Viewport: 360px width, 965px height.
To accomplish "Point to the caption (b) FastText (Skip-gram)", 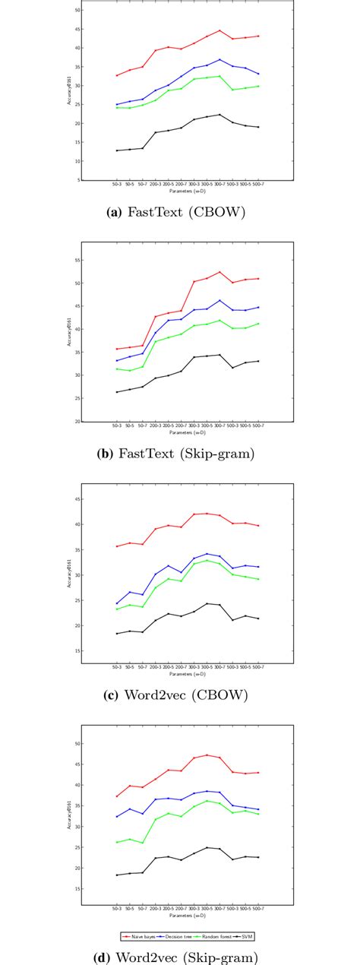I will tap(180, 455).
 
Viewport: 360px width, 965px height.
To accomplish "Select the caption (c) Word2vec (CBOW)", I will tap(180, 695).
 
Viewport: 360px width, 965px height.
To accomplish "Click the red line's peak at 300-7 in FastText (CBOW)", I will tap(219, 31).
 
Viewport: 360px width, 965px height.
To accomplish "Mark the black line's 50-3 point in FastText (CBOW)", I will tap(116, 150).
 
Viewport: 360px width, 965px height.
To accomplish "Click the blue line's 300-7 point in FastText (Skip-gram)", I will tap(219, 300).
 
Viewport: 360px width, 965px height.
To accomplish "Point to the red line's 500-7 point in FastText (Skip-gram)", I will tap(258, 279).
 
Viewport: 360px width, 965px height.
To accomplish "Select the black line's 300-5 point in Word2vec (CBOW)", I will tap(207, 603).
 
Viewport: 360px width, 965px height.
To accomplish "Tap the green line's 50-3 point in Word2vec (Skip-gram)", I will tap(116, 842).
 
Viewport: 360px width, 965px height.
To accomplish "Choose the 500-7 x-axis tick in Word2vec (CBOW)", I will tap(258, 667).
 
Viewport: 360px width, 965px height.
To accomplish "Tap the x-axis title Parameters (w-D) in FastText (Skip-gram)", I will tap(187, 432).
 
